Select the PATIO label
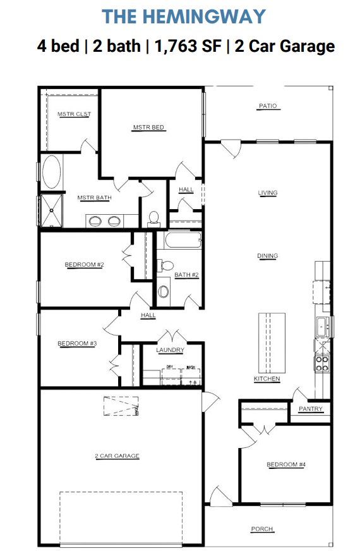[x=268, y=106]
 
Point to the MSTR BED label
[x=148, y=128]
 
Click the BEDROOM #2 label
[x=84, y=265]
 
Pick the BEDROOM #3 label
[x=76, y=344]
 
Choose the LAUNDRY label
[x=171, y=350]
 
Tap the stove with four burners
[x=322, y=363]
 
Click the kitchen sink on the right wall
[x=321, y=327]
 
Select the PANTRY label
[x=310, y=409]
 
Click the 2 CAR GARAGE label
[x=117, y=456]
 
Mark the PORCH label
[x=262, y=530]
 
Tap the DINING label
[x=268, y=256]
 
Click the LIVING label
[x=268, y=193]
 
